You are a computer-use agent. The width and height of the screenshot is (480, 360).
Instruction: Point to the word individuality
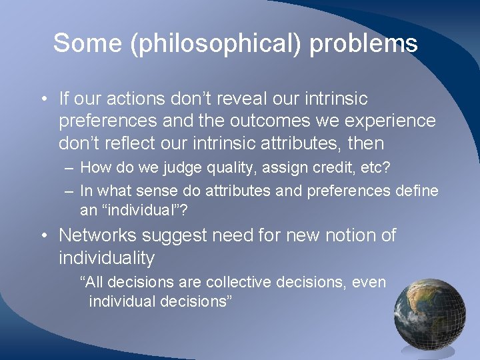click(107, 257)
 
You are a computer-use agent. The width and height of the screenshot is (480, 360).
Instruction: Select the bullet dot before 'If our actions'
click(43, 99)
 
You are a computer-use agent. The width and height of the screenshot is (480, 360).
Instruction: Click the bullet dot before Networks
click(43, 236)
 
